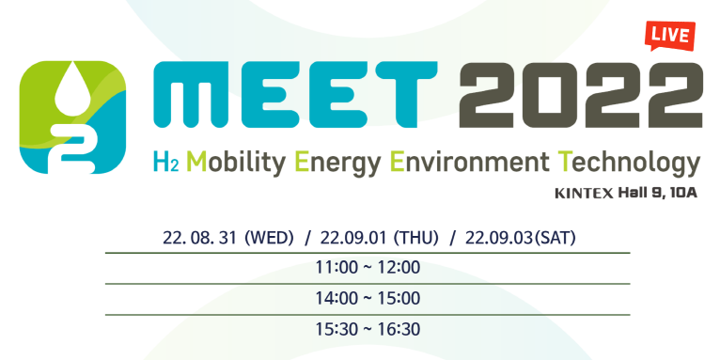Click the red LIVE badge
[669, 36]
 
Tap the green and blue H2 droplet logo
[72, 117]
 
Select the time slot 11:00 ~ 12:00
[368, 268]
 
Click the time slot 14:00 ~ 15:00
[368, 299]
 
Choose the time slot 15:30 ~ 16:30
[368, 330]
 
